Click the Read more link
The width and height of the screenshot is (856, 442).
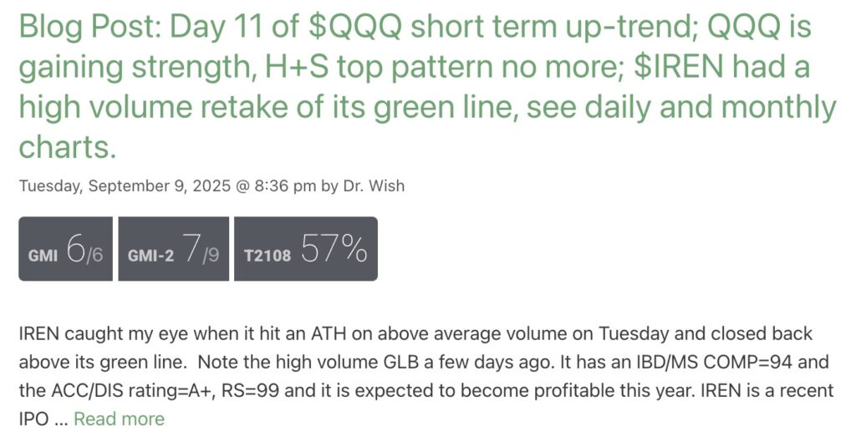point(119,419)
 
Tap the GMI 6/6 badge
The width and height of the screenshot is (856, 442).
point(65,249)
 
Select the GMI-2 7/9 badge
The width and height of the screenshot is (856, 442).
point(174,249)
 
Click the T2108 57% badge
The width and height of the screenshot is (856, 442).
point(306,249)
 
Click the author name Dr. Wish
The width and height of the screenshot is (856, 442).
point(374,186)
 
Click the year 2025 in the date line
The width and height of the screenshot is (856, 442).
point(211,186)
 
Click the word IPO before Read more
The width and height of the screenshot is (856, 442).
point(34,419)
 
